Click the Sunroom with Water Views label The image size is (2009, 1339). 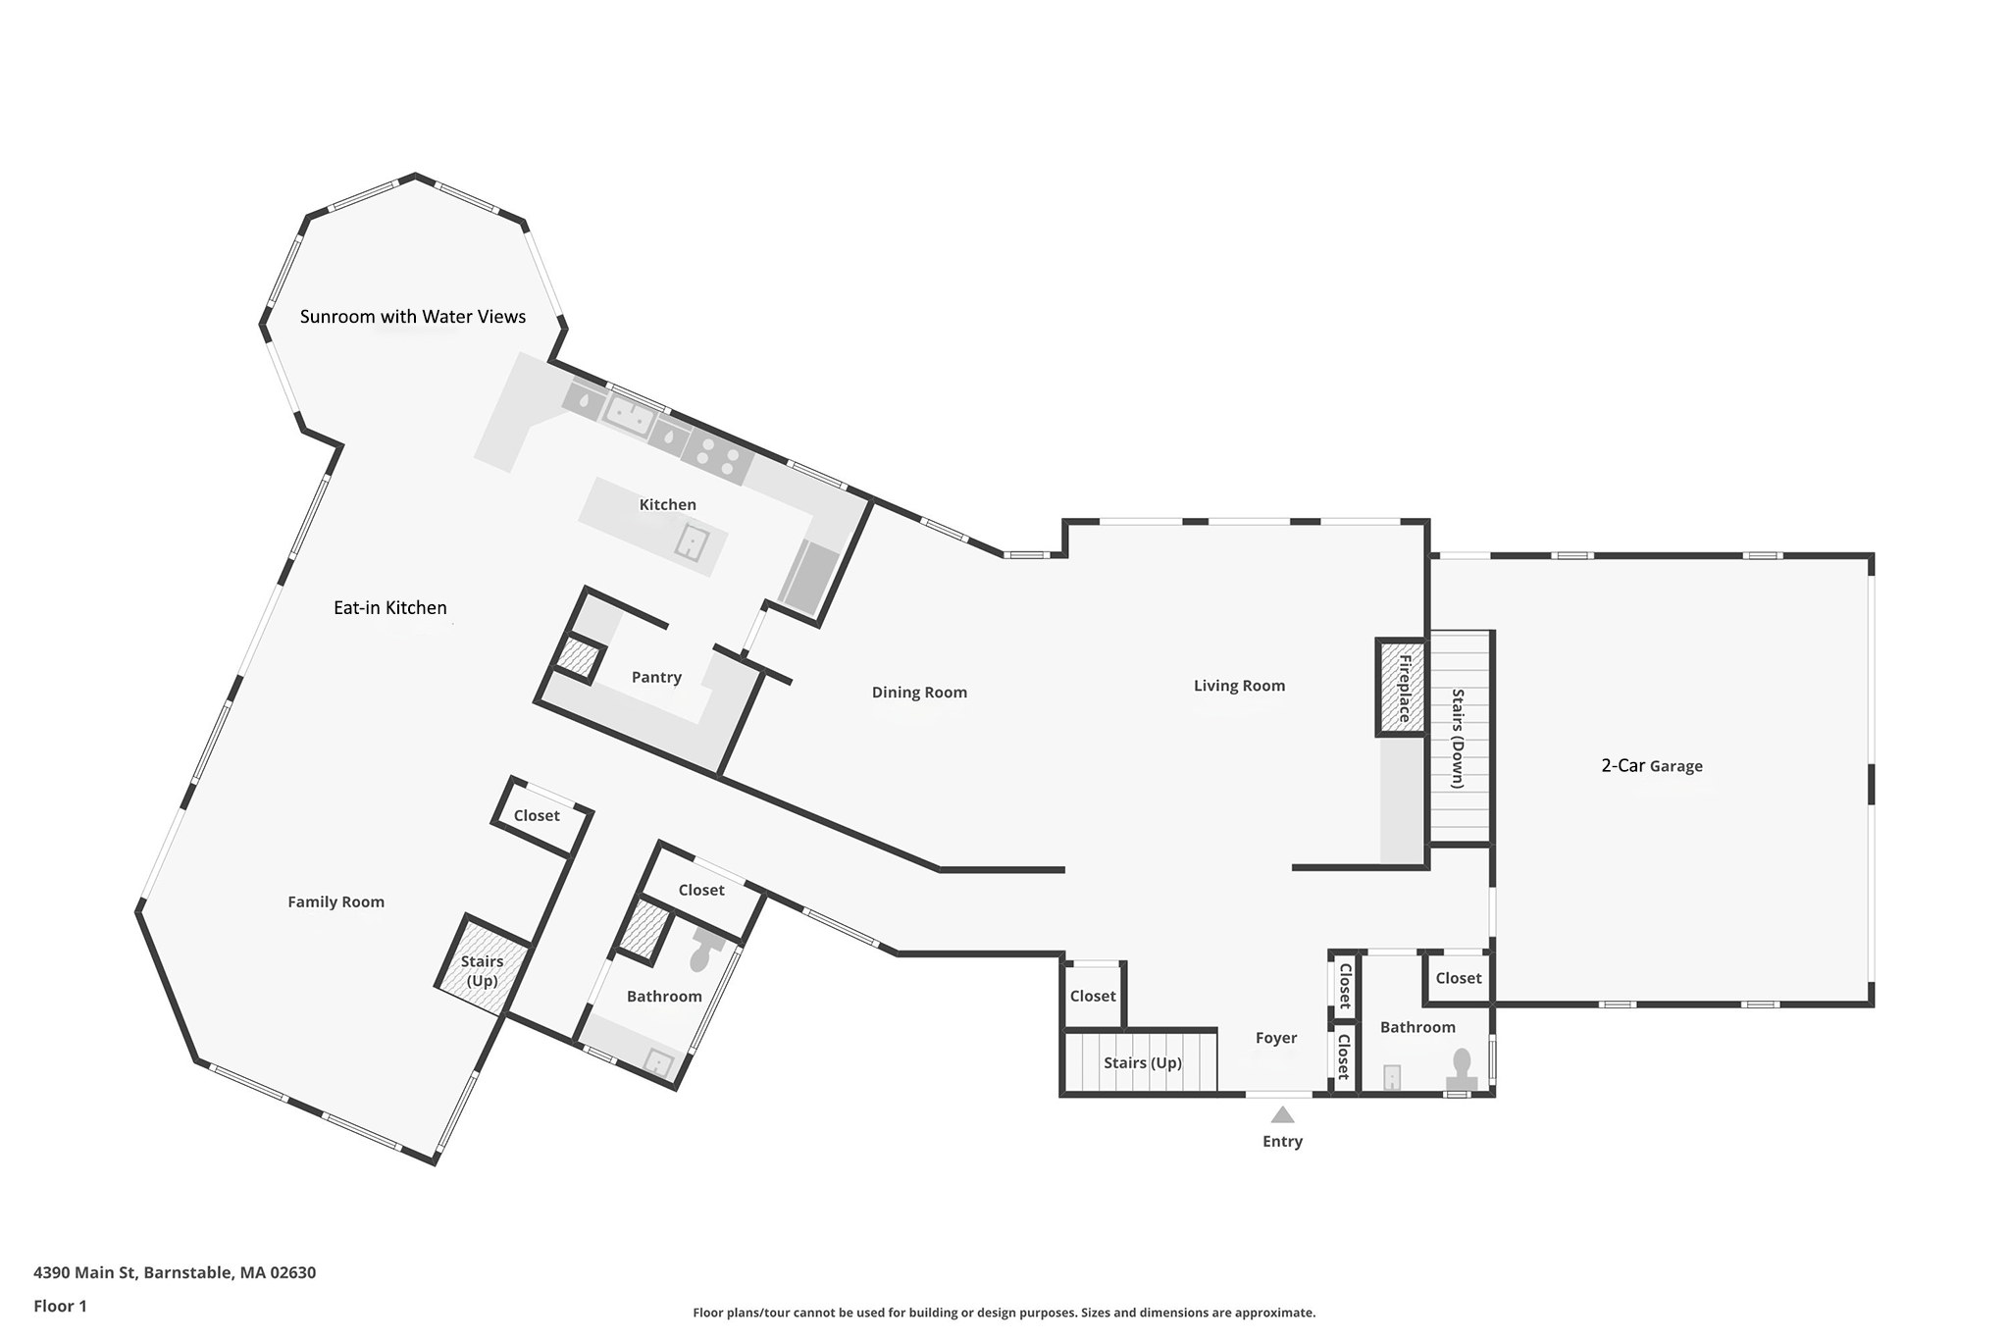point(413,317)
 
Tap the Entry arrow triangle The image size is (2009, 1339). point(1282,1115)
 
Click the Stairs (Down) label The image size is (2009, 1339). point(1458,738)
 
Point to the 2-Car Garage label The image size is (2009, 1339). point(1652,766)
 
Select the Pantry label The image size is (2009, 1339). point(656,678)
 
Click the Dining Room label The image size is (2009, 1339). point(919,693)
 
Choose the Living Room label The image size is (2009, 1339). point(1239,686)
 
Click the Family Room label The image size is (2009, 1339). point(335,902)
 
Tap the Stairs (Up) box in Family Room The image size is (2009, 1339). point(483,970)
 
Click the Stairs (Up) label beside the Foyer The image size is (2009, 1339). point(1142,1063)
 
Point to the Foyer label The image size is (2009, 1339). point(1276,1038)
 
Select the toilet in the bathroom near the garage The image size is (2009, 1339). point(1462,1069)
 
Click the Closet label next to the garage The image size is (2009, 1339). point(1459,978)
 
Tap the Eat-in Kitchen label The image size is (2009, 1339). point(390,608)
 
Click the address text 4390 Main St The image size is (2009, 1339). point(175,1273)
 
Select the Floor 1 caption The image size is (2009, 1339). point(60,1307)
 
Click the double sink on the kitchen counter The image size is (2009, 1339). point(629,414)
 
